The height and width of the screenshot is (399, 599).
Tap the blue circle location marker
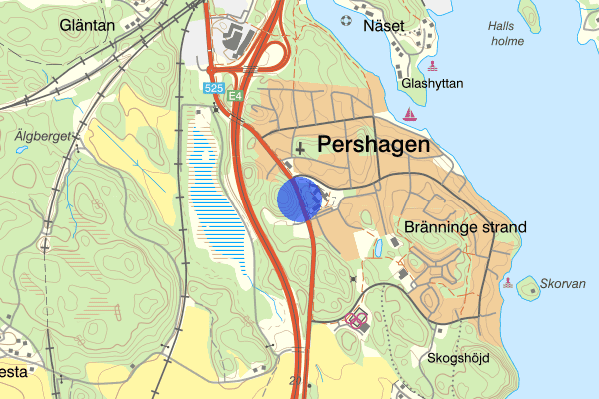pyautogui.click(x=299, y=199)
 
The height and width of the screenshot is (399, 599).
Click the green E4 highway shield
pyautogui.click(x=235, y=96)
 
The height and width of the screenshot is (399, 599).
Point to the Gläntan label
pyautogui.click(x=87, y=25)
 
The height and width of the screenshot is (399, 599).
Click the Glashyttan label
pyautogui.click(x=432, y=84)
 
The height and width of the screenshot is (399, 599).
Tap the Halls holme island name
pyautogui.click(x=508, y=34)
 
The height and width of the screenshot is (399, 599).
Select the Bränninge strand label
pyautogui.click(x=466, y=227)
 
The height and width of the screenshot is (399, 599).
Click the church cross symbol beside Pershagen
pyautogui.click(x=299, y=147)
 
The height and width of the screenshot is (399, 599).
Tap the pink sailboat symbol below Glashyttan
pyautogui.click(x=408, y=115)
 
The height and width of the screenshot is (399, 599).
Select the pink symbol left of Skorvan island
pyautogui.click(x=508, y=284)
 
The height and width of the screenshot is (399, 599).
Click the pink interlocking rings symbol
pyautogui.click(x=356, y=320)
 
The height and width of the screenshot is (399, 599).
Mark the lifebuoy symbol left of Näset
pyautogui.click(x=345, y=21)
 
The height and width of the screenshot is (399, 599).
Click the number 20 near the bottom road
pyautogui.click(x=295, y=380)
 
